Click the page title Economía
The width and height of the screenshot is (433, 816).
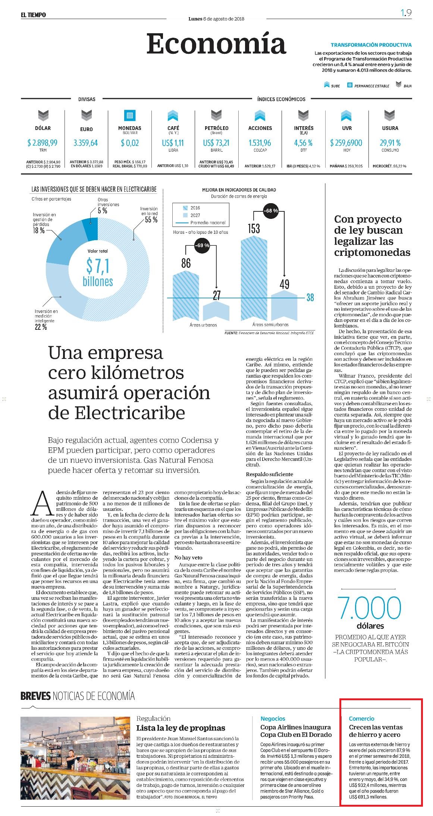coord(216,43)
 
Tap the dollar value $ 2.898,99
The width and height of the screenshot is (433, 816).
coord(43,143)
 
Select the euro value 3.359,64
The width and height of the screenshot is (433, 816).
coord(86,143)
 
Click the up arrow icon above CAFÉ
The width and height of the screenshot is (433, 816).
coord(173,115)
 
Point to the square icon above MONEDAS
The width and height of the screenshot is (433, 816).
coord(129,115)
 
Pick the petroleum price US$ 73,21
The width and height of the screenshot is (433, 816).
coord(216,143)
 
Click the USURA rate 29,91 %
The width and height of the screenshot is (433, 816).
coord(390,143)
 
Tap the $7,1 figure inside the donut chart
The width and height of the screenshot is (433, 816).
coord(98,266)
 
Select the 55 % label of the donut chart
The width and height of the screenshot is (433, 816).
coord(151,220)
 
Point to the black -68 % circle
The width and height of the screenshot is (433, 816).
coord(271,211)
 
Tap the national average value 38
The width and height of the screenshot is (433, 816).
coord(310,298)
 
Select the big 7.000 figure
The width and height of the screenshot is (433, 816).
coord(369,607)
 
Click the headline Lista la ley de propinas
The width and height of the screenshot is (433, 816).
coord(181,728)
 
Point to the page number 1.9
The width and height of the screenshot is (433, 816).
coord(406,13)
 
